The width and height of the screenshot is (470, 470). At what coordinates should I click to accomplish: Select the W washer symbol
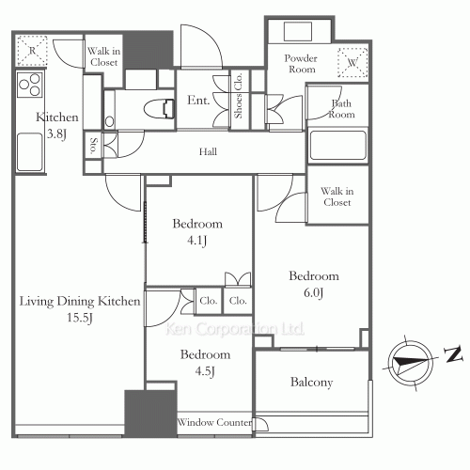(352, 62)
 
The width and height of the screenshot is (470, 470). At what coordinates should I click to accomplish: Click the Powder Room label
(302, 64)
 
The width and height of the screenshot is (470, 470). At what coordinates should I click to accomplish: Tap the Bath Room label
(341, 108)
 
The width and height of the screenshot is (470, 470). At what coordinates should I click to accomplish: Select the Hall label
(209, 151)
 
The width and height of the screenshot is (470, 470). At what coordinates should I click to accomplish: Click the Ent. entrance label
(198, 100)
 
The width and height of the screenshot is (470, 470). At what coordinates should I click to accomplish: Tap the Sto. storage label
(94, 145)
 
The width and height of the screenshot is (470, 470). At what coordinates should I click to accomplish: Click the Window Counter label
(214, 423)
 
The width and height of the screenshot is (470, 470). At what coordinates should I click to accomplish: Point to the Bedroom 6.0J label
(313, 284)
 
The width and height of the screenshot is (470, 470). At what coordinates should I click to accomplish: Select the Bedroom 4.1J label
(197, 231)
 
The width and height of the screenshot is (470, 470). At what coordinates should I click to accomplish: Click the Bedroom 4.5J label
(205, 363)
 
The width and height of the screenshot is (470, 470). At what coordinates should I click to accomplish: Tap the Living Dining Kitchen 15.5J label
(81, 309)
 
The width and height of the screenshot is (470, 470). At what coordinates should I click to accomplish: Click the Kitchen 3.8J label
(56, 125)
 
